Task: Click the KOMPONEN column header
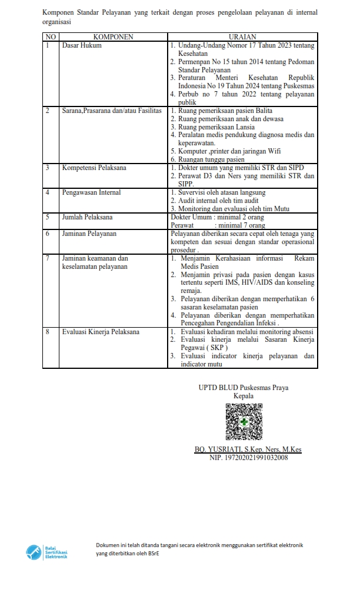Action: pyautogui.click(x=113, y=37)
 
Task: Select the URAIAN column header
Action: pyautogui.click(x=242, y=37)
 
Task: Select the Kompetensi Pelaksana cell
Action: pyautogui.click(x=94, y=168)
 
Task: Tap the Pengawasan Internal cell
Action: pyautogui.click(x=91, y=192)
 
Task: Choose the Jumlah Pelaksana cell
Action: pyautogui.click(x=88, y=217)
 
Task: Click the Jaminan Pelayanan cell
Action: pyautogui.click(x=89, y=234)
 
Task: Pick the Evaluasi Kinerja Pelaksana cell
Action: pyautogui.click(x=101, y=332)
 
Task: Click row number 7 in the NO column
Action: pyautogui.click(x=47, y=258)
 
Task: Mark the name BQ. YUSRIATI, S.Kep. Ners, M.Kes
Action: pyautogui.click(x=248, y=449)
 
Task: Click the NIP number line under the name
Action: pyautogui.click(x=248, y=458)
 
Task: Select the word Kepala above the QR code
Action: pyautogui.click(x=243, y=396)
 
